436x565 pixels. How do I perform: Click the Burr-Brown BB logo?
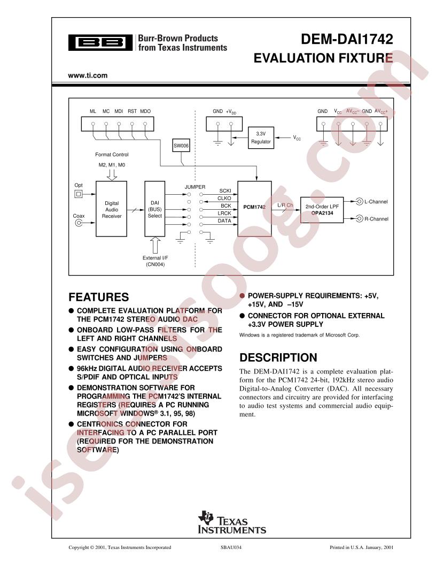click(100, 43)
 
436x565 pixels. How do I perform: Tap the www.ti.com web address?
click(88, 75)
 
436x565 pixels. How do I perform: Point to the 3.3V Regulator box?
click(261, 138)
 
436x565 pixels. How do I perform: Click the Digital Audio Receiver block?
click(111, 209)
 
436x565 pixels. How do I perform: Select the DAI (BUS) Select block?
click(154, 209)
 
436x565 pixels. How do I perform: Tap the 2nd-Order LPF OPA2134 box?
click(321, 209)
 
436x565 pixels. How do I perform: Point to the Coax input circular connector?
click(78, 225)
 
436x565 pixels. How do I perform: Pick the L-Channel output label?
click(376, 202)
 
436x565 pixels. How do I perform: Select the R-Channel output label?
click(376, 219)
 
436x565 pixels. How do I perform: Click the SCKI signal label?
click(225, 190)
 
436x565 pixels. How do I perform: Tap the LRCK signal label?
click(224, 213)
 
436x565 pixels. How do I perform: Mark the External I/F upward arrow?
click(155, 245)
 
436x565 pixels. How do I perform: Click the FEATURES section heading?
click(99, 297)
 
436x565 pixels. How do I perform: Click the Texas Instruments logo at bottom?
click(232, 522)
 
